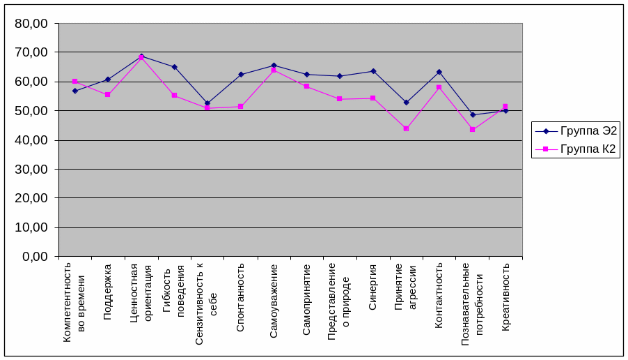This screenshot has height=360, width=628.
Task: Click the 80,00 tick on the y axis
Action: pos(31,23)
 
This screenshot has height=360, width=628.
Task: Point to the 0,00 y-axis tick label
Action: pos(35,256)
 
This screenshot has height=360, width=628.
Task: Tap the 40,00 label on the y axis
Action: pos(31,140)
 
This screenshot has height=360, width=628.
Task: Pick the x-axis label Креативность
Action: pos(505,297)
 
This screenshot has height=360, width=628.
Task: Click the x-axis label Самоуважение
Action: pos(274,301)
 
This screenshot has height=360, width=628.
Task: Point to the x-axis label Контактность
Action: pos(439,296)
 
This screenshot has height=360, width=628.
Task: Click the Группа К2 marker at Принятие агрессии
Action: pos(406,128)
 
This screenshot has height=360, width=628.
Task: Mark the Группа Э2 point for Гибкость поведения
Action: pos(174,67)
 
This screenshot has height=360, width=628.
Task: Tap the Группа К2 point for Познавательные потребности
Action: pos(472,129)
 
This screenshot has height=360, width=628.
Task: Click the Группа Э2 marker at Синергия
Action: pos(372,71)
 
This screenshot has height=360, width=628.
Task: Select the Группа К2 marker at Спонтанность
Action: pos(240,106)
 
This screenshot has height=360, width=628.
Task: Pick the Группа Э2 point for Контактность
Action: pos(439,72)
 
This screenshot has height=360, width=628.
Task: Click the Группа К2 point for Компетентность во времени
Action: pos(74,82)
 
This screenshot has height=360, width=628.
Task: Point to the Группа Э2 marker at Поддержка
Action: pos(107,80)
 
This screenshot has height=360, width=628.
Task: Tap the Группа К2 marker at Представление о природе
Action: pos(340,99)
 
